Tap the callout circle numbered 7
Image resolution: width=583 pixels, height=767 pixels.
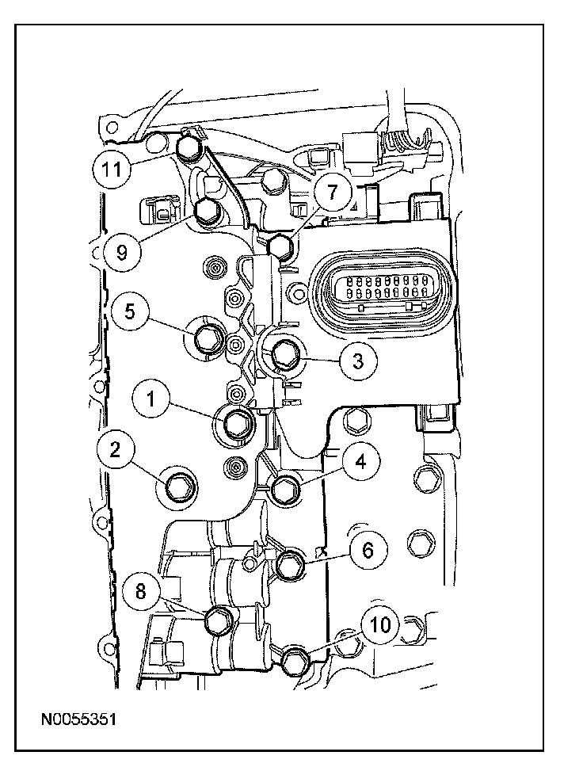332,191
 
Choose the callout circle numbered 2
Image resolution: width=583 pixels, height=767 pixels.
116,450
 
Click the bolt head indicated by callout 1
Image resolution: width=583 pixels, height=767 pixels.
237,424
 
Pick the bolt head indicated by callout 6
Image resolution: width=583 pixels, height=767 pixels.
291,565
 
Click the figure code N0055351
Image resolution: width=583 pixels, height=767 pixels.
79,719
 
